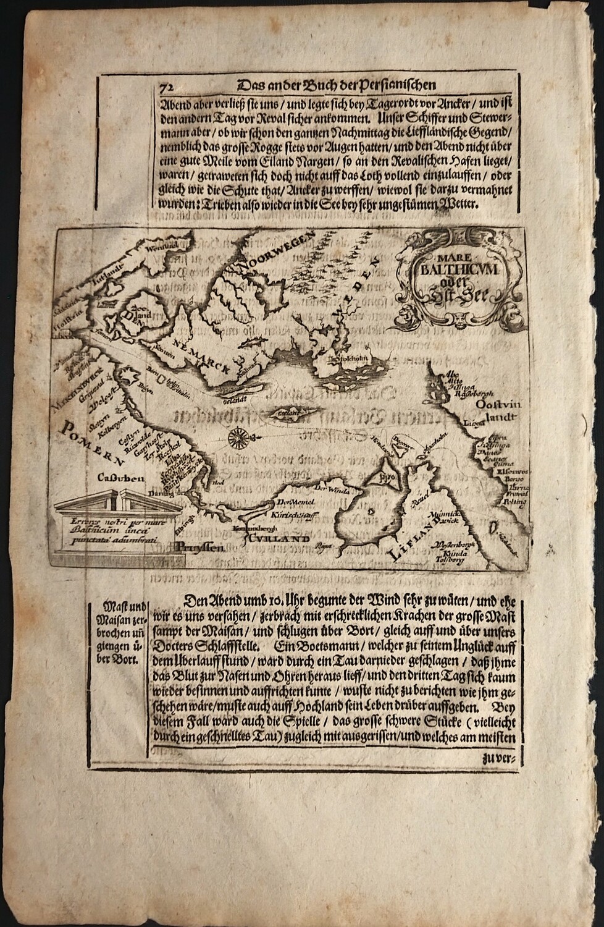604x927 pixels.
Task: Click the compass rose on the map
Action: pyautogui.click(x=237, y=438)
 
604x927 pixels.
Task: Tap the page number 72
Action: pyautogui.click(x=165, y=87)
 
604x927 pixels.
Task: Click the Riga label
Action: pyautogui.click(x=319, y=546)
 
